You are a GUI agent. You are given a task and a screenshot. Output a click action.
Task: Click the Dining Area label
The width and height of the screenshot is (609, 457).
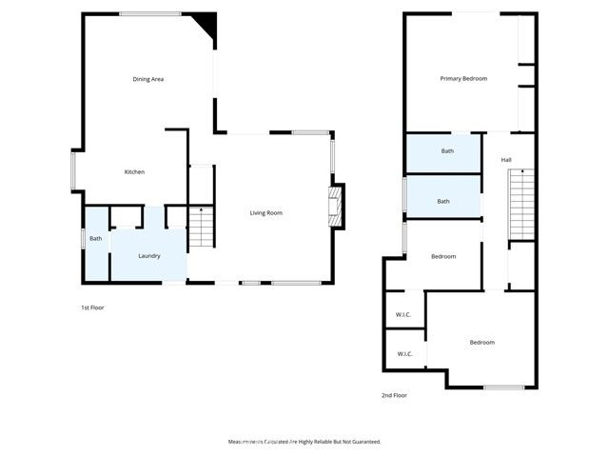point(148,79)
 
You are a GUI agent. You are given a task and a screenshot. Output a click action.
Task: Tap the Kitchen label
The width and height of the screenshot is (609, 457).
point(134,172)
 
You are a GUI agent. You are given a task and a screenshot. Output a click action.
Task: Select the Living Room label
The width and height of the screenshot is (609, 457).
point(266,213)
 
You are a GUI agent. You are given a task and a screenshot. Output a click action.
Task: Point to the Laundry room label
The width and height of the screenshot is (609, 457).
point(148,256)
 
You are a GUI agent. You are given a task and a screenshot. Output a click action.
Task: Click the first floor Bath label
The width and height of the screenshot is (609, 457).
point(95,239)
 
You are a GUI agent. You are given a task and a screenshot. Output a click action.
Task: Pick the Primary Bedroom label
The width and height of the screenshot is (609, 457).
point(463,79)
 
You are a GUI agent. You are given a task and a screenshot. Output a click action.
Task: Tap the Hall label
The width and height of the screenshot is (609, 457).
point(506,160)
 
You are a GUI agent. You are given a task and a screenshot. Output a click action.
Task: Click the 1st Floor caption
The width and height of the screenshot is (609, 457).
point(92,308)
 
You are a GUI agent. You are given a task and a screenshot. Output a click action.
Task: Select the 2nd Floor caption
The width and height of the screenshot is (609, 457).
point(394,395)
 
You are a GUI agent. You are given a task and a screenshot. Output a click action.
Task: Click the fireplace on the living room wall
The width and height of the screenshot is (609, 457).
point(334,206)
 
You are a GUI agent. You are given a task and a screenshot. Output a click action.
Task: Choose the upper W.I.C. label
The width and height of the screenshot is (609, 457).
point(403,315)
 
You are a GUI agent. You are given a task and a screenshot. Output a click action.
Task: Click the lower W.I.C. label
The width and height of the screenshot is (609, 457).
point(403,354)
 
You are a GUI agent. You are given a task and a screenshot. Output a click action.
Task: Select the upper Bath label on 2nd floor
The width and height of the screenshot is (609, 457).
point(447,151)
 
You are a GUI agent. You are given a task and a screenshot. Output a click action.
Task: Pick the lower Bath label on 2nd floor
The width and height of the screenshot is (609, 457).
point(443,201)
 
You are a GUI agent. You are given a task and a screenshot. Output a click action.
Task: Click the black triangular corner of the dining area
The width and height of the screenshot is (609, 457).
point(206,24)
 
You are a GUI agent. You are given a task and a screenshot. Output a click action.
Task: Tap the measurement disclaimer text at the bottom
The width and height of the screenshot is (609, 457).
point(304,442)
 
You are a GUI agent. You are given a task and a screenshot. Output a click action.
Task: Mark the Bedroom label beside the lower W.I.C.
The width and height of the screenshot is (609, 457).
point(481,343)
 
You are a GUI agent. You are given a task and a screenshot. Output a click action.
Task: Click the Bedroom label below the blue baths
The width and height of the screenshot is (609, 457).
point(443,257)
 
